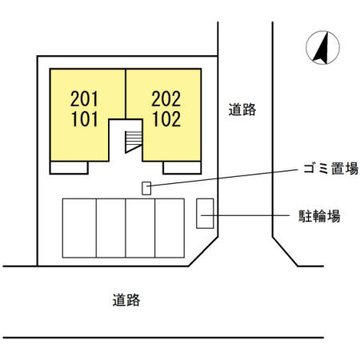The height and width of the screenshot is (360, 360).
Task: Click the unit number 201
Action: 84,98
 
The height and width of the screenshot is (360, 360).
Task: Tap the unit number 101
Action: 84,119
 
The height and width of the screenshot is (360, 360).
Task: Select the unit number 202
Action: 166,98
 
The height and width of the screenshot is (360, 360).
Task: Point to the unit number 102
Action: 166,119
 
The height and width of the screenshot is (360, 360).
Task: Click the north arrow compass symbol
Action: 322,47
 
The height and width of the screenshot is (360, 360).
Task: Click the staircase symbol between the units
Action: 134,142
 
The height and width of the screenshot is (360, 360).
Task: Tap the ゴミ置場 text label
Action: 330,169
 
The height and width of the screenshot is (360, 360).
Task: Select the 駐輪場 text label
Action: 319,216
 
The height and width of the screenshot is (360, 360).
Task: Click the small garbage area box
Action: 146,188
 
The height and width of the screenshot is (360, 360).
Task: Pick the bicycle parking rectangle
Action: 205,214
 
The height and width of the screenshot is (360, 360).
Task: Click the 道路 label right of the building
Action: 242,110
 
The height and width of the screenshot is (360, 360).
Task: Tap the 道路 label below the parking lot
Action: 126,300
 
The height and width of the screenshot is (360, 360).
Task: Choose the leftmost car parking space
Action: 79,228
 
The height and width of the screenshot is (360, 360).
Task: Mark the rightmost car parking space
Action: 170,228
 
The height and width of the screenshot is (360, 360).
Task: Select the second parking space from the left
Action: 111,228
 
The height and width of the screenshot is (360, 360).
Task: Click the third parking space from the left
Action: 140,228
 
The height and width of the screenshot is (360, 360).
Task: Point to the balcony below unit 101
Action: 69,167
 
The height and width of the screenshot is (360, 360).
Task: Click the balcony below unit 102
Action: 182,167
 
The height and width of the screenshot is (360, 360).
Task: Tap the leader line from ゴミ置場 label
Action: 224,178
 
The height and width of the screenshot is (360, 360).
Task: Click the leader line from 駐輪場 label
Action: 245,215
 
